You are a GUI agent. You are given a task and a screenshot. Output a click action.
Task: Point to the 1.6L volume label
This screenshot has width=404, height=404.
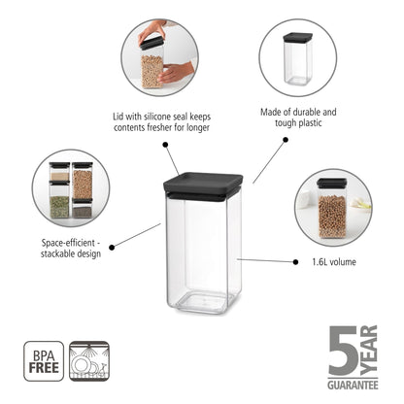point(335,261)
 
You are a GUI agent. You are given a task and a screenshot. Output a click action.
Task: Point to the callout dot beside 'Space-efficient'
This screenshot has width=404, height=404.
point(113,248)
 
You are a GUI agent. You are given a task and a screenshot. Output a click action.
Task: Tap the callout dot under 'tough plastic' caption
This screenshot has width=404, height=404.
point(286,139)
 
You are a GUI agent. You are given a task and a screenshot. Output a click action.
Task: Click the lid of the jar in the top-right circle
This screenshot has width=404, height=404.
point(297,39)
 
